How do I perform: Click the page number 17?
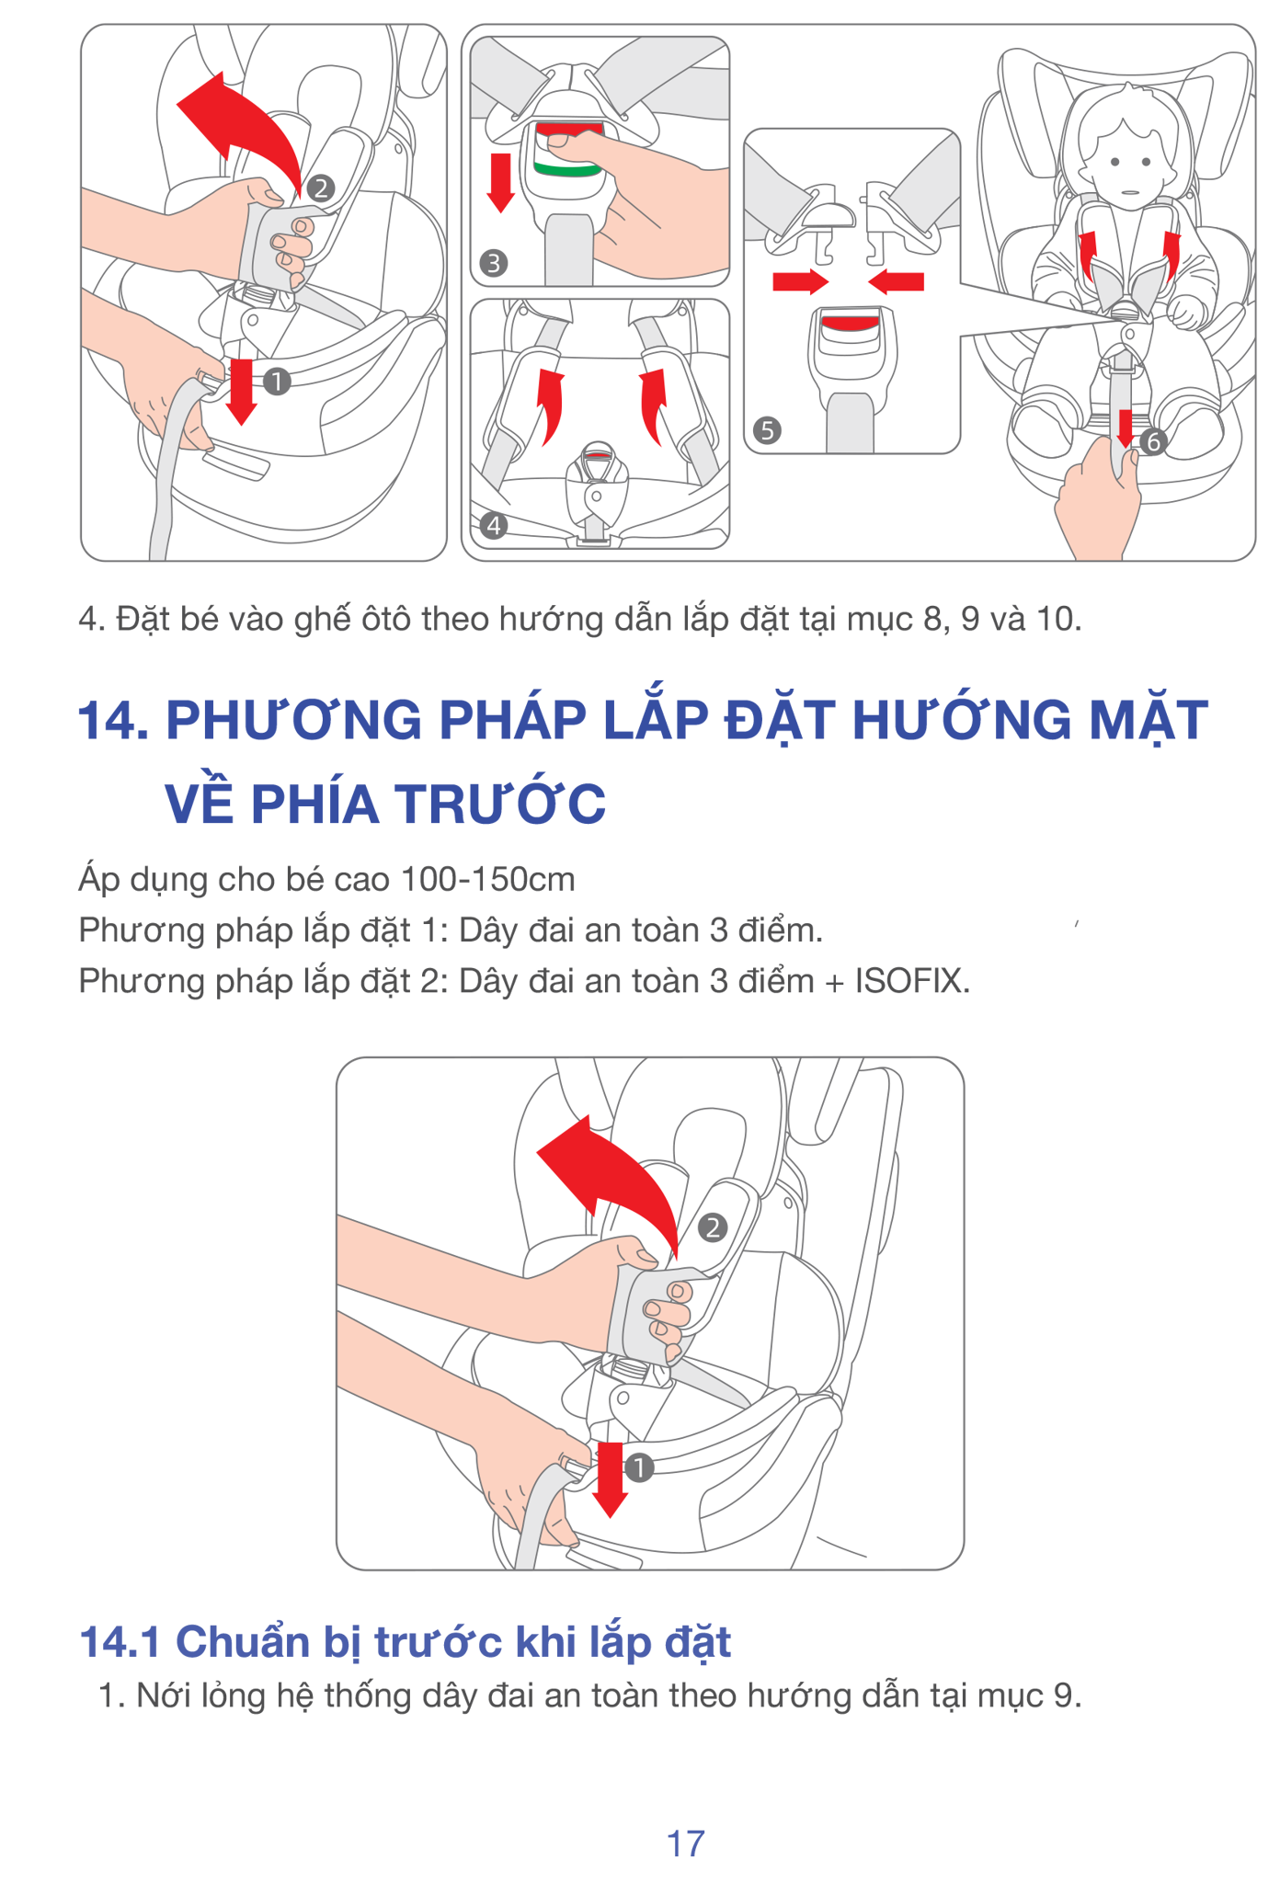pos(685,1843)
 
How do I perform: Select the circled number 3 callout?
pos(494,264)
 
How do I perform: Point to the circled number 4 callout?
pos(494,526)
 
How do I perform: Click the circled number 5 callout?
pos(767,430)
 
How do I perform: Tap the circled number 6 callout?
pos(1153,442)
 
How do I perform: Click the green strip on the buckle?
pos(567,170)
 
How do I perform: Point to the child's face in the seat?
pos(1129,165)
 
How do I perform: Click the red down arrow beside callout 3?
pos(500,182)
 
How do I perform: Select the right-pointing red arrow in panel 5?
pos(801,281)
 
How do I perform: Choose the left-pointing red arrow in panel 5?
pos(896,281)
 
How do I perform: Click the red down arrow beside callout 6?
pos(1126,429)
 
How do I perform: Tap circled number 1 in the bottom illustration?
pos(639,1467)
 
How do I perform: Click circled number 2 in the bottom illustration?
pos(713,1227)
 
